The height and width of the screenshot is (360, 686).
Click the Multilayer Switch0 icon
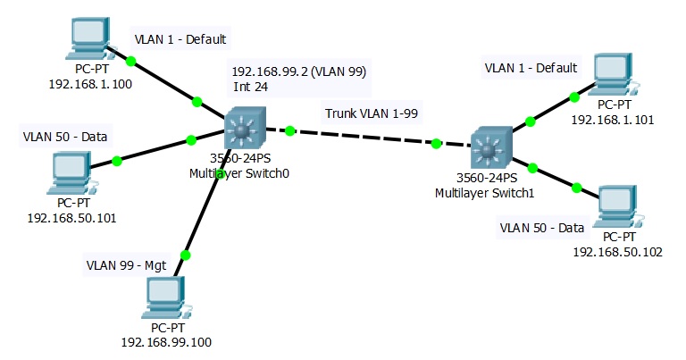[245, 128]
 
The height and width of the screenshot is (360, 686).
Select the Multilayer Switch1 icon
[491, 148]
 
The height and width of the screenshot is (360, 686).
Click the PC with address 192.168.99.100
[167, 297]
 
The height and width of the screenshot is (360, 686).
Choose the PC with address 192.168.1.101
[614, 75]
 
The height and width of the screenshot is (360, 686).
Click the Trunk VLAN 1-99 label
[372, 113]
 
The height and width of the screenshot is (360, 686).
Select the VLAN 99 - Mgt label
[127, 265]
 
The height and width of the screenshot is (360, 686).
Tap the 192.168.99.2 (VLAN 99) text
[299, 71]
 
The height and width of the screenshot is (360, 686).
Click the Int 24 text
[251, 87]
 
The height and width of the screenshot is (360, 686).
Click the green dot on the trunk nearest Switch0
[290, 130]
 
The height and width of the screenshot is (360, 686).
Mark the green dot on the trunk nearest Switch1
[436, 144]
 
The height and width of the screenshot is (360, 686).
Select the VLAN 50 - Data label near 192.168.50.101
[65, 137]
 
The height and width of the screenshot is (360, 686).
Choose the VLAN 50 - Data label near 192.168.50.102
[542, 228]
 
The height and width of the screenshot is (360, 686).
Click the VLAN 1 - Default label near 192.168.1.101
[531, 68]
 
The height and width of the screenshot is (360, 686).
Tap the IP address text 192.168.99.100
[166, 342]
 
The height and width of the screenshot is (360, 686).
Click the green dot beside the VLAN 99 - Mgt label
[186, 255]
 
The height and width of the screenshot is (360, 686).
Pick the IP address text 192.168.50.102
[618, 252]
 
